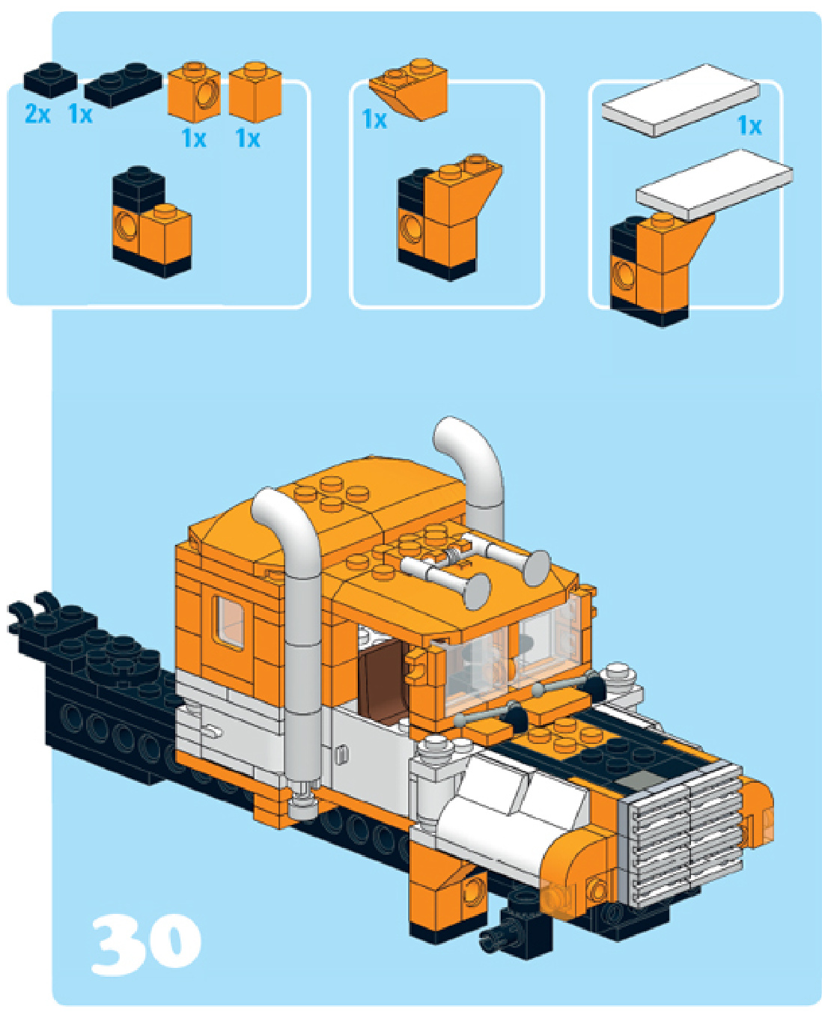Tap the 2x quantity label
[37, 115]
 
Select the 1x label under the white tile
[749, 126]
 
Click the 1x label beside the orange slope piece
[374, 119]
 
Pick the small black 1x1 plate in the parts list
[50, 80]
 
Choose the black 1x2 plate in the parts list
[123, 85]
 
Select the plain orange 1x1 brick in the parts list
[255, 91]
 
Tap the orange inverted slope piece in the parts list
[409, 89]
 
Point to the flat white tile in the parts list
[681, 100]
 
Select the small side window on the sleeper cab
[231, 624]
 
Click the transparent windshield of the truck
[512, 653]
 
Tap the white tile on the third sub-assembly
[715, 185]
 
